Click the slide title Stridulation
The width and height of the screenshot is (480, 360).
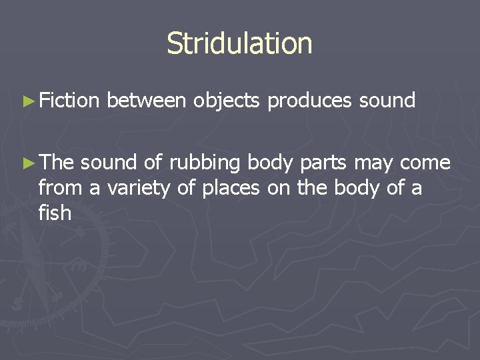tap(239, 44)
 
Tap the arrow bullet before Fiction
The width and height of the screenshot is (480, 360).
tap(28, 101)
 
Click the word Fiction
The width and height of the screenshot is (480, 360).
tap(69, 101)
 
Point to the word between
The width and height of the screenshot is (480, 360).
tap(146, 101)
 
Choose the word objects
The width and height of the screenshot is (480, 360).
tap(227, 101)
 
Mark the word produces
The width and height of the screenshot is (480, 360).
tap(310, 101)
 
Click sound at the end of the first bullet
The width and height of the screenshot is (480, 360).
tap(387, 101)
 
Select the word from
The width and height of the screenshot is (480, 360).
tap(61, 188)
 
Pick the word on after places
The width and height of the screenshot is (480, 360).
tap(279, 188)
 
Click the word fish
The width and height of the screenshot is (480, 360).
tap(55, 213)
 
